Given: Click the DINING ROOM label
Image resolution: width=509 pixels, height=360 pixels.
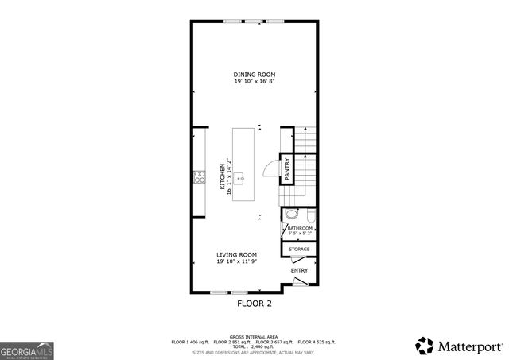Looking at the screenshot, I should [x=254, y=75].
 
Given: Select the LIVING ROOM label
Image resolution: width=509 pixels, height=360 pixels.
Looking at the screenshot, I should [x=237, y=255].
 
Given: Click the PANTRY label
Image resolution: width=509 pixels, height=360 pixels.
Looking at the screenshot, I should [x=287, y=169].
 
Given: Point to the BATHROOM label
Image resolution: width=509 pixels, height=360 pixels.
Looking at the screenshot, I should [x=301, y=228].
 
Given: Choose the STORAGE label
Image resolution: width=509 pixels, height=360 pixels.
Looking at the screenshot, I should [x=299, y=250].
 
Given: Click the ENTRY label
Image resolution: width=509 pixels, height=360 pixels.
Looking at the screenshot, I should [x=299, y=270].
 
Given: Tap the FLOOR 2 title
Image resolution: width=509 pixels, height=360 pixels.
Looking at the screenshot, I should [x=254, y=304].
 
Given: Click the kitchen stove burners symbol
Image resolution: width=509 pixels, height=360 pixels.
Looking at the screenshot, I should [x=199, y=177].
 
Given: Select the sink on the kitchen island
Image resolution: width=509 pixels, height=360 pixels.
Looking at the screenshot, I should [x=240, y=179].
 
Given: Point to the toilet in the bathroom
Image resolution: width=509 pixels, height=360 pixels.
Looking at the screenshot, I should [x=291, y=215].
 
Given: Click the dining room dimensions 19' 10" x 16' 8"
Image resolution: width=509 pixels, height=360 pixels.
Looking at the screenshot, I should [x=254, y=82].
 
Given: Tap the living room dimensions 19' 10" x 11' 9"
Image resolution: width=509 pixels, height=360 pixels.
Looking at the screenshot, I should [x=237, y=262].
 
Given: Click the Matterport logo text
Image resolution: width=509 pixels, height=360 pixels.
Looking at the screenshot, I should [x=469, y=346].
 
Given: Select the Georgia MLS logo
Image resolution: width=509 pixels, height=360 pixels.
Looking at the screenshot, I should [x=26, y=350].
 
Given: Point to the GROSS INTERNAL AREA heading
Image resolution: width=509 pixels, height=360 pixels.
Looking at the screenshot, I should [x=254, y=336].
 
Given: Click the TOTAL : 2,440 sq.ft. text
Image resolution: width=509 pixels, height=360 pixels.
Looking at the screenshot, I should [x=254, y=346].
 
